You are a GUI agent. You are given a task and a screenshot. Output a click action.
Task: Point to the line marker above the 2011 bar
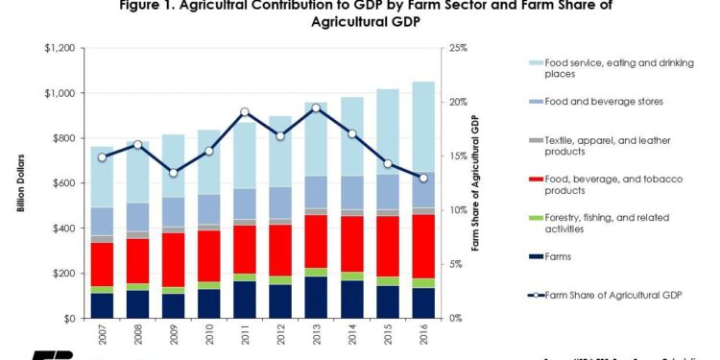(x=245, y=112)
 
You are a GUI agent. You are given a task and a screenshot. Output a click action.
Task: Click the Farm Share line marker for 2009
(x=173, y=173)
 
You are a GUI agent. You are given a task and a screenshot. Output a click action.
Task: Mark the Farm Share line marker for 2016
(x=424, y=178)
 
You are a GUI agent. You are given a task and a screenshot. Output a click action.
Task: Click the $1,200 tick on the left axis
(x=64, y=48)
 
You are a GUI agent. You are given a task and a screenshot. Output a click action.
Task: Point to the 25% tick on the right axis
(x=453, y=48)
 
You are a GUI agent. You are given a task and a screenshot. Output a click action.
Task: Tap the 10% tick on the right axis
(x=453, y=210)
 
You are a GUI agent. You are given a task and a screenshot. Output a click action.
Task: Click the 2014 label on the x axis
(x=352, y=336)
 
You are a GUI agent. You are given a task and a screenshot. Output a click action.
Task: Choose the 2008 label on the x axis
(x=137, y=336)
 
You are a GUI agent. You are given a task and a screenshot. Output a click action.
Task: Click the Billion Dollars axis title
(x=21, y=182)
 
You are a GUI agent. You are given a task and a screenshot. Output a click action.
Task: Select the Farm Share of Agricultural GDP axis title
(x=473, y=182)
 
